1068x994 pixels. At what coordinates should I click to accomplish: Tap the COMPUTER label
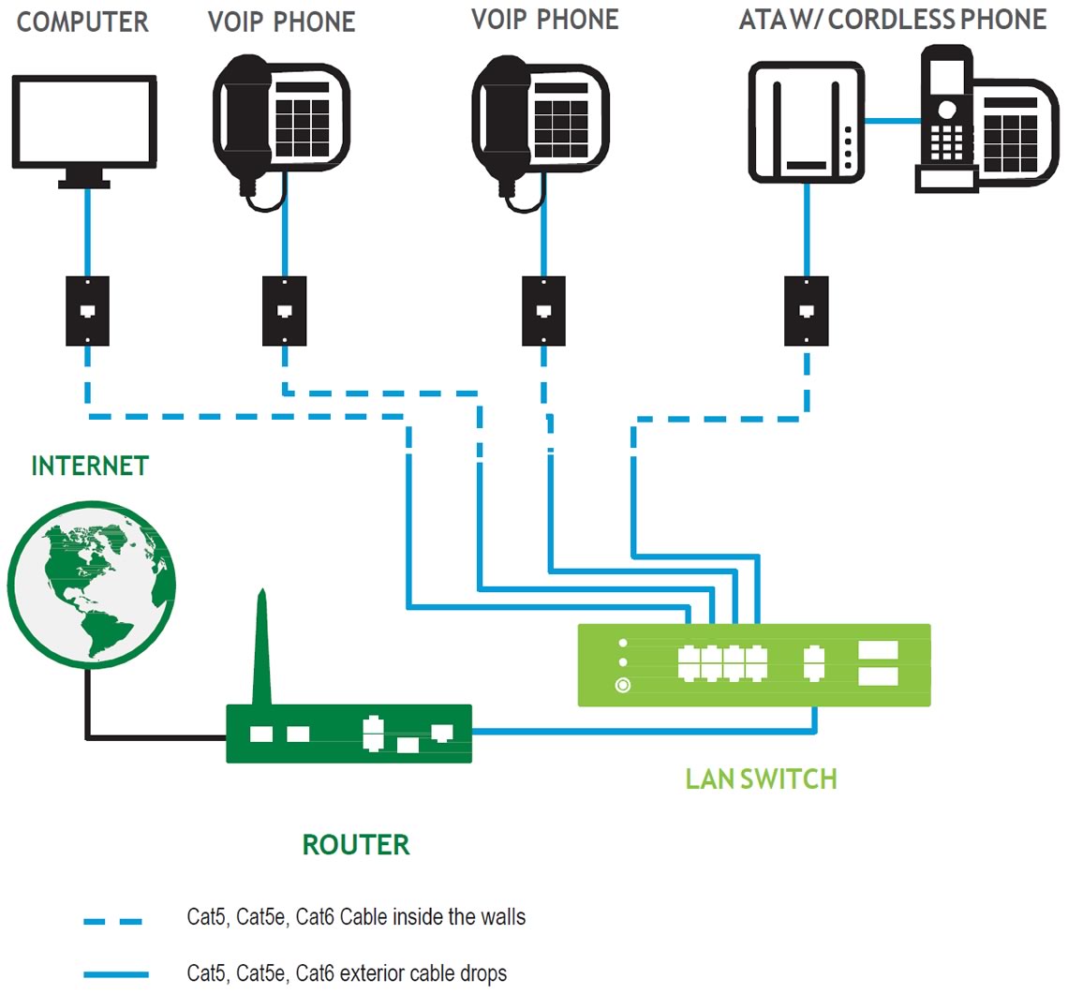click(82, 22)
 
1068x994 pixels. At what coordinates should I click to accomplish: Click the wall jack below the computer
click(87, 311)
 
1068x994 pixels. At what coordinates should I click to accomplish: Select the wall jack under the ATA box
click(807, 311)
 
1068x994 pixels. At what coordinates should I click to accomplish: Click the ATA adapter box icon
click(807, 123)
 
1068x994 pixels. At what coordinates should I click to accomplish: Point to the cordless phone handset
click(946, 112)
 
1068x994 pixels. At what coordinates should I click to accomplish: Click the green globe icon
click(91, 585)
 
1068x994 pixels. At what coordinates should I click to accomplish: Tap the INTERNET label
click(90, 466)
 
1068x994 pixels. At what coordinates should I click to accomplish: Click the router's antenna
click(262, 647)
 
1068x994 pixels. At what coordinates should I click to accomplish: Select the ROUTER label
click(356, 845)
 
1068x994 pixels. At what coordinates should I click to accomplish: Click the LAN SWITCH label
click(761, 779)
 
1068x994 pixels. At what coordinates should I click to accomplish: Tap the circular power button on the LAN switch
click(623, 686)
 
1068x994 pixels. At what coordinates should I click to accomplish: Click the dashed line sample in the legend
click(113, 921)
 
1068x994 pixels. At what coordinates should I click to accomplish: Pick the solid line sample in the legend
click(116, 974)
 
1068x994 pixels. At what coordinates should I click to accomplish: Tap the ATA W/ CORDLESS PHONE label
click(893, 20)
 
